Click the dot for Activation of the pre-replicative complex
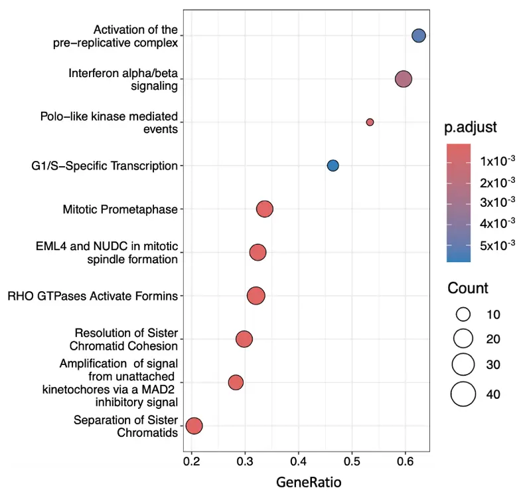coord(419,36)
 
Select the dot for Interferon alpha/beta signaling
coord(404,79)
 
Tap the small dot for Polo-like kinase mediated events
coord(370,122)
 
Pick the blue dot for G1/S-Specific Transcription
coord(333,166)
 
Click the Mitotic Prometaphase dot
coord(265,209)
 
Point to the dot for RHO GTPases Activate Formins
coord(256,296)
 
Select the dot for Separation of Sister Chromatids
coord(194,426)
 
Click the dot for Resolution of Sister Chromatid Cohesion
coord(244,340)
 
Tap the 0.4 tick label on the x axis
coord(299,459)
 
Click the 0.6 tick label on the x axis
coord(406,459)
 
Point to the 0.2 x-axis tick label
coord(191,459)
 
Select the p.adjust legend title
coord(472,126)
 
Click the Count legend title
coord(468,289)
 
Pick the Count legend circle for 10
coord(463,314)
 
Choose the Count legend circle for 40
coord(463,394)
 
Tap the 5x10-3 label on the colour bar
coord(498,245)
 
